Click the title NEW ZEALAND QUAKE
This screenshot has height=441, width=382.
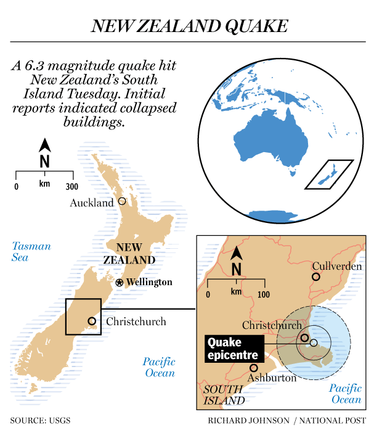point(190,26)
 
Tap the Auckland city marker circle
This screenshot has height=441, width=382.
point(122,201)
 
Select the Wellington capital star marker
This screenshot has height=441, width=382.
point(120,282)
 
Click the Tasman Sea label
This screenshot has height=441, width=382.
point(31,252)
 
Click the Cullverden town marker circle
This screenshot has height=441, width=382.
point(316,277)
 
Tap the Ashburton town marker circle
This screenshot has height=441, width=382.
point(253,368)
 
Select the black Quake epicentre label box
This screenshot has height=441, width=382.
point(232,349)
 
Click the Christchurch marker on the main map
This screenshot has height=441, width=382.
point(92,321)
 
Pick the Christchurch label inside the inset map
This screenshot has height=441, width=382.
point(272,325)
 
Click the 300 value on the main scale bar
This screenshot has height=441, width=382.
point(71,187)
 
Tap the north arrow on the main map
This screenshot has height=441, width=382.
point(44,155)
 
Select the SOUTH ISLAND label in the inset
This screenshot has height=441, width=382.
point(224,395)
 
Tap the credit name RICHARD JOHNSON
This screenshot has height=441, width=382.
point(248,421)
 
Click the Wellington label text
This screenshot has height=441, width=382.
point(150,282)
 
